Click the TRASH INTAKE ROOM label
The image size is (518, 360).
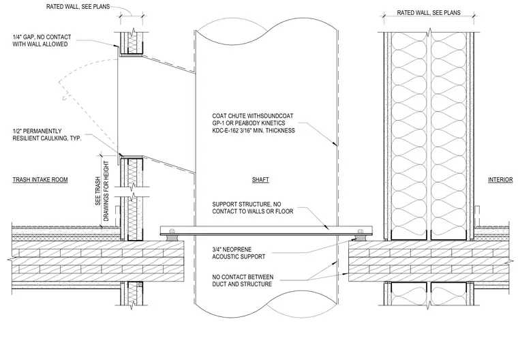pyautogui.click(x=40, y=179)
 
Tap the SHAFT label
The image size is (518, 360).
pyautogui.click(x=260, y=179)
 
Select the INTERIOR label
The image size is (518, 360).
pyautogui.click(x=500, y=179)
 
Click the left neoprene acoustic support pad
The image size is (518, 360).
pyautogui.click(x=172, y=238)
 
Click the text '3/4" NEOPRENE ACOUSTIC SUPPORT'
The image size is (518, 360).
pyautogui.click(x=239, y=253)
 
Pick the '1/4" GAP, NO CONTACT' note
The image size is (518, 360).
pyautogui.click(x=42, y=40)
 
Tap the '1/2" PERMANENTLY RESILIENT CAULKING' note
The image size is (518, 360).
pyautogui.click(x=47, y=134)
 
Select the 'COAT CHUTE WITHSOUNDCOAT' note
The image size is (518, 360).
pyautogui.click(x=254, y=123)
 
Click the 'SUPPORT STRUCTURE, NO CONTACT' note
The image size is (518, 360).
pyautogui.click(x=253, y=207)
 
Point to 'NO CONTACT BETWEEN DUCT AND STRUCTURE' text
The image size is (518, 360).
pyautogui.click(x=243, y=280)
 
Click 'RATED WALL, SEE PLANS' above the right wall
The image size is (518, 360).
pyautogui.click(x=429, y=12)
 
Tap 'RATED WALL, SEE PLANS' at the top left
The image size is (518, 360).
pyautogui.click(x=78, y=6)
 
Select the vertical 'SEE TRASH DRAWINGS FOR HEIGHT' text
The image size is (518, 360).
pyautogui.click(x=102, y=191)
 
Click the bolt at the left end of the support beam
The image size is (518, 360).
pyautogui.click(x=172, y=230)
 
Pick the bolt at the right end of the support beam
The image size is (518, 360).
pyautogui.click(x=360, y=230)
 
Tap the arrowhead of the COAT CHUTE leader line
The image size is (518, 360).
pyautogui.click(x=335, y=144)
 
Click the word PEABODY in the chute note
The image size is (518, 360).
pyautogui.click(x=247, y=123)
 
